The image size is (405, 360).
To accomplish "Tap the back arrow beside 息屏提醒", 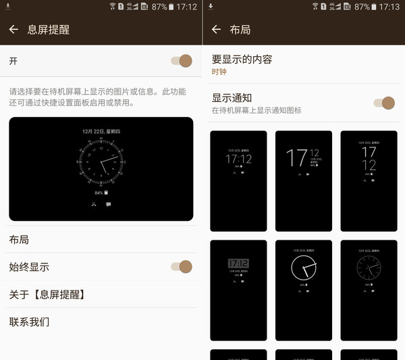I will tap(13, 30).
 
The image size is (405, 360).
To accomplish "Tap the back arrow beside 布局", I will tap(216, 30).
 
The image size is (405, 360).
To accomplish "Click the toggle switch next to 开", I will tap(182, 61).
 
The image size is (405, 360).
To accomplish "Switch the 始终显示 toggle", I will tap(182, 267).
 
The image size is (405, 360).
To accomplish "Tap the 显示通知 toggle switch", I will tap(384, 103).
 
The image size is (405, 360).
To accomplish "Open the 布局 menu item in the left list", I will tap(19, 240).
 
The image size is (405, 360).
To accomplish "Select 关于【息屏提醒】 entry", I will tap(47, 294).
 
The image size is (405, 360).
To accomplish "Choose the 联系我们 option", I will tap(29, 322).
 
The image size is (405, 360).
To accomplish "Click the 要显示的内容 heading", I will tap(242, 59).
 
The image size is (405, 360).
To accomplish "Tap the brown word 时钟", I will tap(219, 72).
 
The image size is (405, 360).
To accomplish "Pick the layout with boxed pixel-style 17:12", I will tap(238, 290).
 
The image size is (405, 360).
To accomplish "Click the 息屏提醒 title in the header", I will tap(48, 30).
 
